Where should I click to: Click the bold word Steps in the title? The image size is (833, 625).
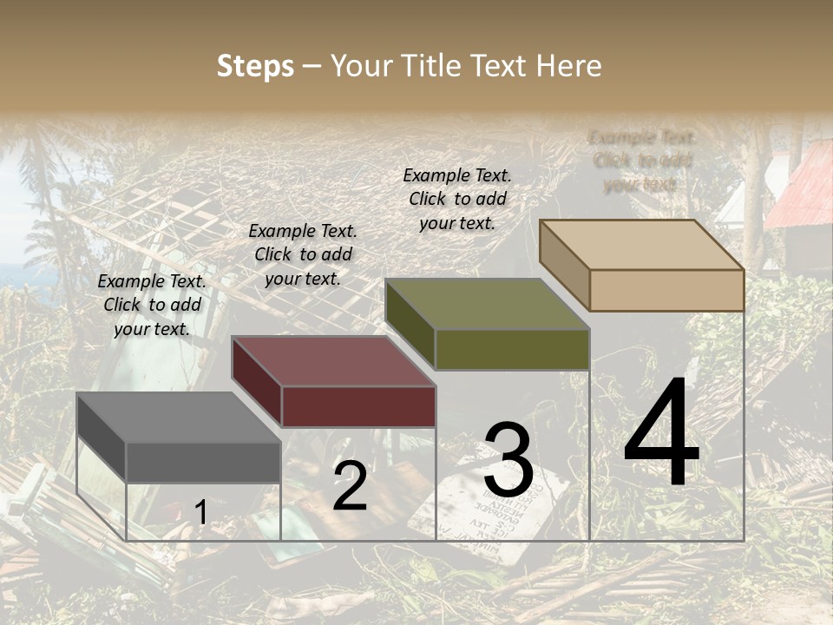click(x=255, y=66)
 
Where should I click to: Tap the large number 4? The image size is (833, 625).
click(x=661, y=434)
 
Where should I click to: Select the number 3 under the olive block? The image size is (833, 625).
click(x=508, y=461)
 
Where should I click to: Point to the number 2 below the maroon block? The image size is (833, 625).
click(x=350, y=486)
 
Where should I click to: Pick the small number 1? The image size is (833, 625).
click(x=200, y=513)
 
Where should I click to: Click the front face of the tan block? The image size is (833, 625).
click(x=666, y=290)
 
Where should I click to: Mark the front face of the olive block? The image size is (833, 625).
click(x=512, y=349)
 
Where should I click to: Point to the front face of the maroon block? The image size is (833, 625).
click(x=358, y=406)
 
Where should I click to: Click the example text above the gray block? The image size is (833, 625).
click(x=152, y=306)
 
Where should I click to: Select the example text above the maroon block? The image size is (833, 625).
click(x=303, y=255)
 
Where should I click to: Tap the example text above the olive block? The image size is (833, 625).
click(x=457, y=199)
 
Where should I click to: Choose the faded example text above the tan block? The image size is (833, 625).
click(x=642, y=161)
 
